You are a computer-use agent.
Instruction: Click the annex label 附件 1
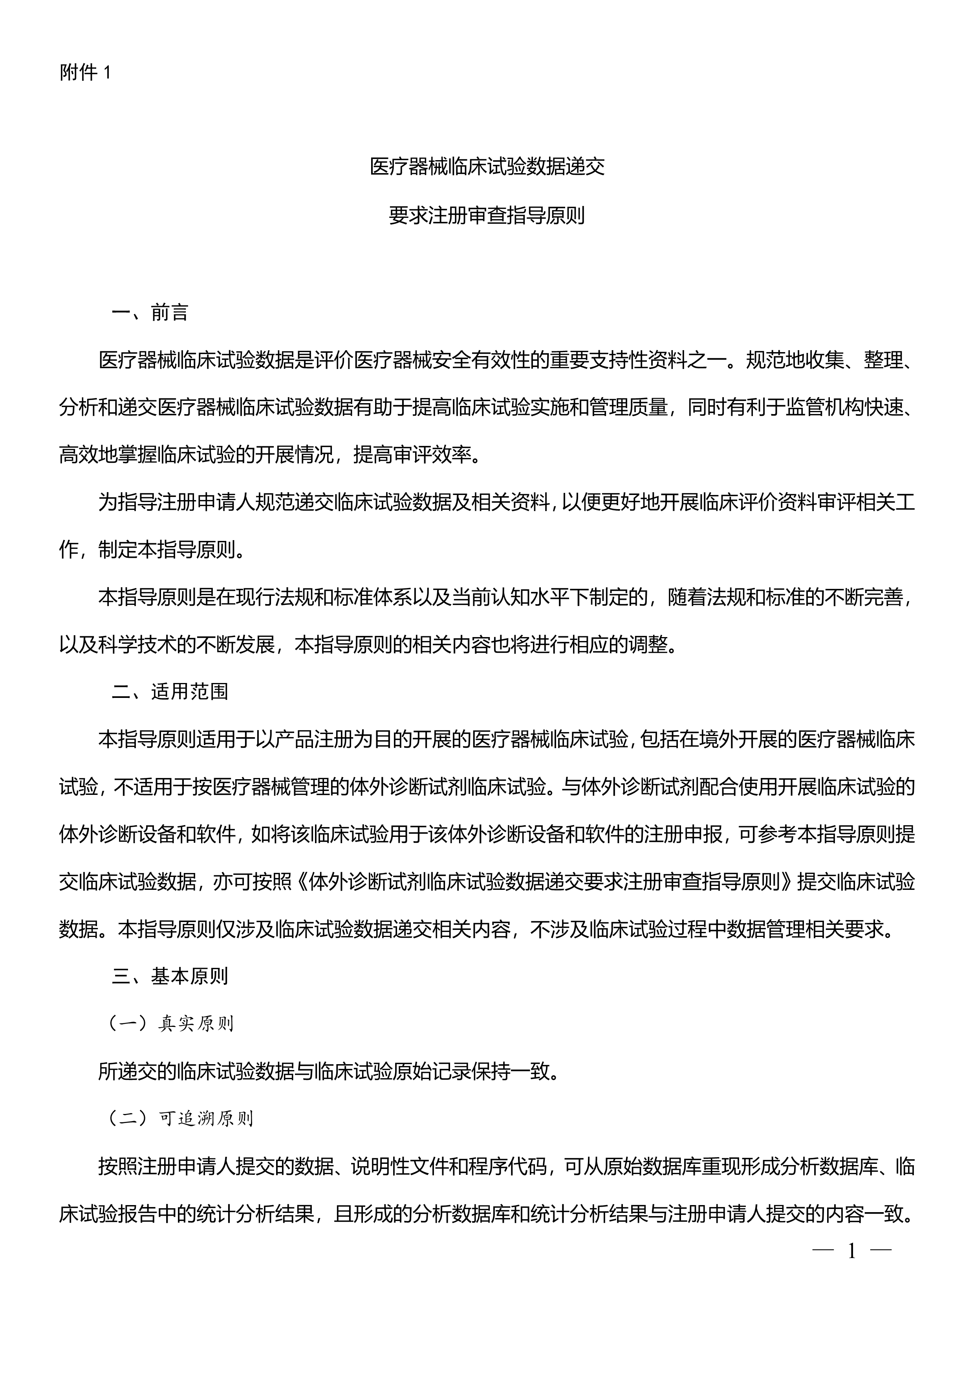[x=85, y=73]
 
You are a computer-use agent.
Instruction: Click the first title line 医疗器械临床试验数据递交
[x=487, y=167]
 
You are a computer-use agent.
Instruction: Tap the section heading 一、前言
[x=150, y=312]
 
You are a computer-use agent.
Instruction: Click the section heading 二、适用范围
[x=170, y=692]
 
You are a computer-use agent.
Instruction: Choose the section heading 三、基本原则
[x=170, y=976]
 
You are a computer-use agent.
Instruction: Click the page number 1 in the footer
[x=851, y=1251]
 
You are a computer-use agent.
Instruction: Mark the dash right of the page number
[x=881, y=1251]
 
